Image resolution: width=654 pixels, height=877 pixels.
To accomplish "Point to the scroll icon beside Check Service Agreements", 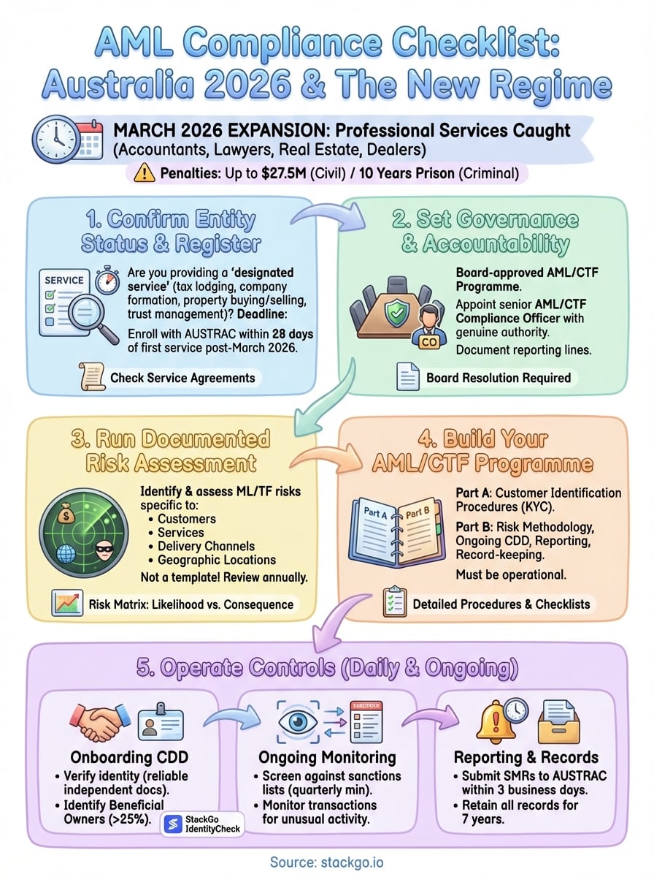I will (91, 377).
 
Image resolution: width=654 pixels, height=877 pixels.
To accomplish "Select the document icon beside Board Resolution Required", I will (407, 378).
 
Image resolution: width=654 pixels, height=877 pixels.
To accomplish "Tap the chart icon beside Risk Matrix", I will (68, 604).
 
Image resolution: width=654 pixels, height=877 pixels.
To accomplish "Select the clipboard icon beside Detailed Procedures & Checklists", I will (394, 604).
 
